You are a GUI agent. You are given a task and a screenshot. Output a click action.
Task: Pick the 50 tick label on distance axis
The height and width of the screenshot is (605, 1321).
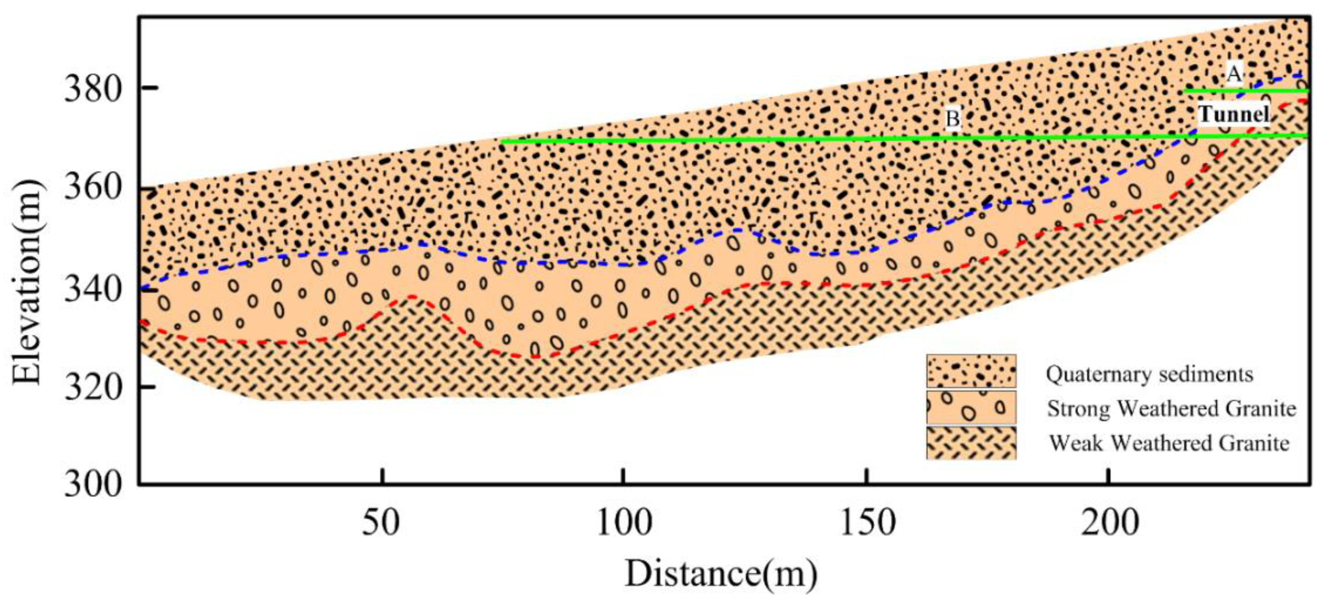pos(381,523)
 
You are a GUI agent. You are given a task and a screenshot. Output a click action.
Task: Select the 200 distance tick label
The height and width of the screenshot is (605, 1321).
pos(1110,523)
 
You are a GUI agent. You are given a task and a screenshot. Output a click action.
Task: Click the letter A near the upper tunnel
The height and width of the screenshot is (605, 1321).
pos(1234,74)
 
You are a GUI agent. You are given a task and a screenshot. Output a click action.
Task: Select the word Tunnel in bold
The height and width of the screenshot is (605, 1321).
pos(1233,114)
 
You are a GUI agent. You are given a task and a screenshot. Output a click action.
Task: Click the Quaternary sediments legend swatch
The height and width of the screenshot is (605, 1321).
pos(971,370)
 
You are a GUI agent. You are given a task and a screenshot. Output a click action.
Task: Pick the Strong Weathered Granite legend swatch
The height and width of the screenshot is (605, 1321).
pos(971,407)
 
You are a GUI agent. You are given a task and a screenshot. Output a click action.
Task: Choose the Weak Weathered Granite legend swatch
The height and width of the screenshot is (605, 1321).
pos(971,442)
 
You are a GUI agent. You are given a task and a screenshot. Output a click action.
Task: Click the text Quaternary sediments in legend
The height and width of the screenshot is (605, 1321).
pos(1149,374)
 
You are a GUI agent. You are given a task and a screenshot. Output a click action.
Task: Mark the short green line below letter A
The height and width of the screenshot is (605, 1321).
pos(1246,91)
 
